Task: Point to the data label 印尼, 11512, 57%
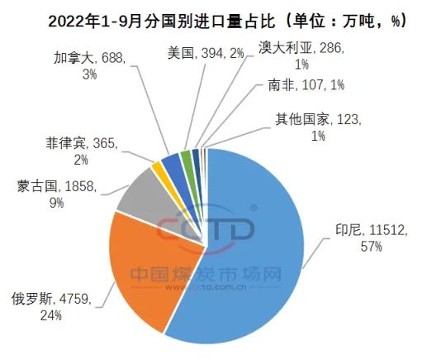(371, 238)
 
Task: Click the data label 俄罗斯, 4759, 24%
(51, 307)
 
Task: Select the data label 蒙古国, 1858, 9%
(56, 194)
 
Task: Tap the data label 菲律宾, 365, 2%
(81, 151)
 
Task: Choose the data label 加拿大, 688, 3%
(89, 66)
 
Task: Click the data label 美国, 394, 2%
(206, 53)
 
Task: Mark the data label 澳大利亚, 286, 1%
(301, 56)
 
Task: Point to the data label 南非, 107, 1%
(306, 85)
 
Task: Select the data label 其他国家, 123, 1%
(318, 127)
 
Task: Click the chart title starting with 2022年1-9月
(227, 21)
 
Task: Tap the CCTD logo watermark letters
(205, 230)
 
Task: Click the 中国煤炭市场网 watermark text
(206, 274)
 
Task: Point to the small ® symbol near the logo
(253, 208)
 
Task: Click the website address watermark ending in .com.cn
(206, 287)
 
